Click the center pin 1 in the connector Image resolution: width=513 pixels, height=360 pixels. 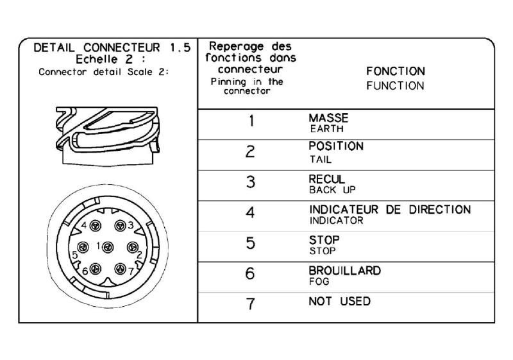click(x=108, y=248)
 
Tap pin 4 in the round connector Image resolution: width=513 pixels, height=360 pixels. click(x=95, y=225)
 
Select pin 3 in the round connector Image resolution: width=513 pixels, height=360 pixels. click(x=120, y=225)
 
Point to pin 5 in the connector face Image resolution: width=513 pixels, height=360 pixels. click(x=83, y=248)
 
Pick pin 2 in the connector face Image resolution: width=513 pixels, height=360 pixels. click(x=133, y=248)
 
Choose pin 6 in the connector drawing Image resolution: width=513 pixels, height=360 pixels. click(x=95, y=269)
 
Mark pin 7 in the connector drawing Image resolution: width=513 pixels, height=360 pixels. click(x=120, y=269)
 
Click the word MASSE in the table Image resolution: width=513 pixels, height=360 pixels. click(x=328, y=118)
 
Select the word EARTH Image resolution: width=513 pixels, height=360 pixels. click(x=327, y=129)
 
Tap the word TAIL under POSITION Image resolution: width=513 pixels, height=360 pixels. click(x=321, y=160)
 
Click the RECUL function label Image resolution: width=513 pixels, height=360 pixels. click(x=327, y=179)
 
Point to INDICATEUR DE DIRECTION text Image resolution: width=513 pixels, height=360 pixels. click(x=390, y=209)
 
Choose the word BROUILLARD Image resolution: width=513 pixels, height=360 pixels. click(x=345, y=271)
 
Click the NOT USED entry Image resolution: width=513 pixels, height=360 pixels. click(x=340, y=301)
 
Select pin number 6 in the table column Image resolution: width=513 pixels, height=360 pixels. click(x=250, y=273)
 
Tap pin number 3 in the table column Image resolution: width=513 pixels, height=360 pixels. click(x=251, y=182)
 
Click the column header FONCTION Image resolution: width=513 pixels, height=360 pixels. click(x=396, y=71)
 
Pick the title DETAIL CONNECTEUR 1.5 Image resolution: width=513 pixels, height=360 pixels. click(x=112, y=47)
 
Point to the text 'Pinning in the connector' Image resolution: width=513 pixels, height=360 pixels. click(x=247, y=86)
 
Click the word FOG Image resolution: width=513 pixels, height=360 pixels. click(x=319, y=282)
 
